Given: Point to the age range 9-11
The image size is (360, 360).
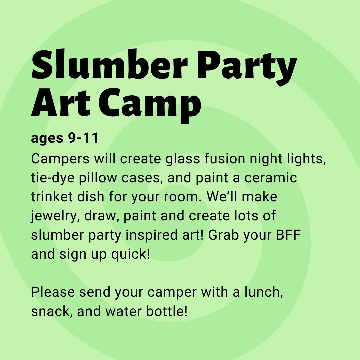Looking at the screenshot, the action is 83,138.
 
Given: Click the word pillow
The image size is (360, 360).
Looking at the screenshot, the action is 98,177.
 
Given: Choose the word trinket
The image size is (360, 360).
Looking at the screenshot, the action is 52,197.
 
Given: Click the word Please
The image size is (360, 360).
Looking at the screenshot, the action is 53,292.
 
